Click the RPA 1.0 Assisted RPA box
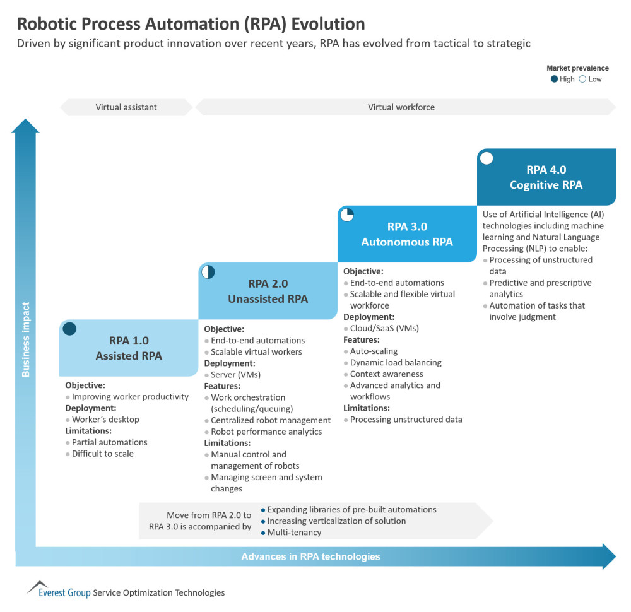tap(129, 348)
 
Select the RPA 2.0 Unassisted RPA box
tap(268, 291)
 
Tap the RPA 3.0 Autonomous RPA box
tap(407, 234)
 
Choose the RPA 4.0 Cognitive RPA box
tap(546, 177)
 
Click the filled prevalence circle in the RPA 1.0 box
tap(69, 329)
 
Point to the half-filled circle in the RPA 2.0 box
tap(208, 272)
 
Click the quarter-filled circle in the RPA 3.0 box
tap(347, 215)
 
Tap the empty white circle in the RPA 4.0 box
tap(487, 158)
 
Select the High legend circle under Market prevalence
tap(554, 79)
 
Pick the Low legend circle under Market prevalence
tap(582, 79)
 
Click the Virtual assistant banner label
tap(126, 107)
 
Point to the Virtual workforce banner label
tap(401, 107)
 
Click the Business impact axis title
tap(26, 339)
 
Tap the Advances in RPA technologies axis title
tap(310, 556)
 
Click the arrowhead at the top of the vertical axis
tap(25, 126)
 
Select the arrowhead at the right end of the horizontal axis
tap(610, 556)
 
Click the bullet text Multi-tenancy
tap(294, 533)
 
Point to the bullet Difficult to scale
tap(103, 454)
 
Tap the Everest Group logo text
tap(64, 592)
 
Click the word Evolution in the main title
tap(328, 24)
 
